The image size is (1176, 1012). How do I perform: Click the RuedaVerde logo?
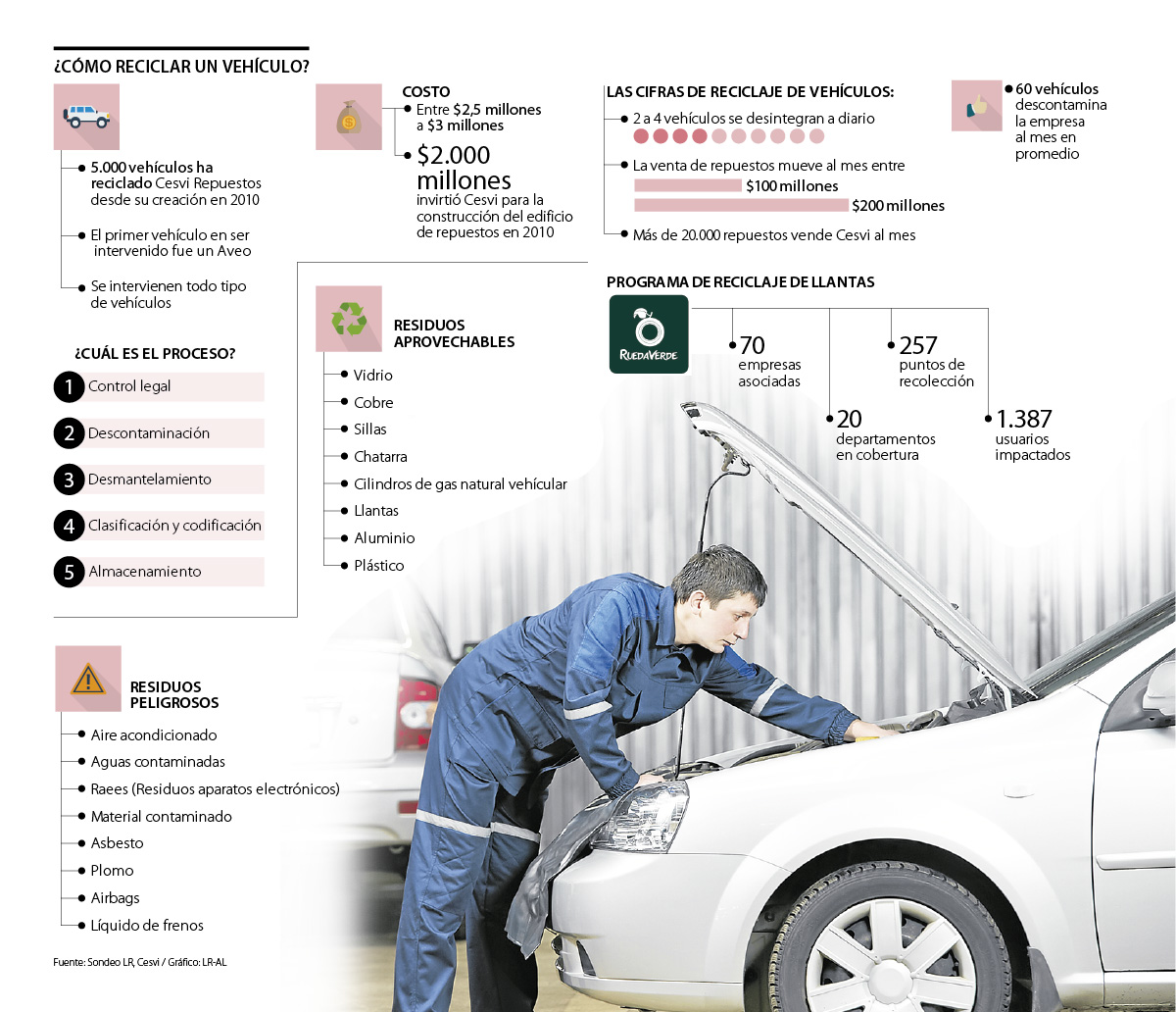click(x=649, y=334)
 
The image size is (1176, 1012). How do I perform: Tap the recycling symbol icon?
click(x=348, y=319)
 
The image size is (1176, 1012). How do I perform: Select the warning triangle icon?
click(x=88, y=678)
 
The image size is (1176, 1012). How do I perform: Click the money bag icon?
click(x=348, y=118)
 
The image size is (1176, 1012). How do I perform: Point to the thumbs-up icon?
click(x=976, y=105)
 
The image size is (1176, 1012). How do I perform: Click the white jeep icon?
click(x=87, y=117)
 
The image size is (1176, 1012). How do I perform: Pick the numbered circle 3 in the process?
click(x=69, y=480)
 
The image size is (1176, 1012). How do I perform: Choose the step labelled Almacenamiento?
click(x=144, y=572)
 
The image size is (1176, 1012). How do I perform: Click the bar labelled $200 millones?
click(x=741, y=205)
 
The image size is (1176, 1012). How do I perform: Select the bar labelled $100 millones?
click(x=688, y=185)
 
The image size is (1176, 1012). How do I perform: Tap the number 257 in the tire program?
click(x=918, y=345)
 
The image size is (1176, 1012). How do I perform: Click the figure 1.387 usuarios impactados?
click(x=1024, y=420)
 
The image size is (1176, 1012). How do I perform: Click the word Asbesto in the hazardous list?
click(x=117, y=843)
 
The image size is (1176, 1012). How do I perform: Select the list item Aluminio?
click(x=384, y=538)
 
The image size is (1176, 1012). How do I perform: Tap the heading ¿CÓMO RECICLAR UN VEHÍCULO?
click(x=182, y=67)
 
